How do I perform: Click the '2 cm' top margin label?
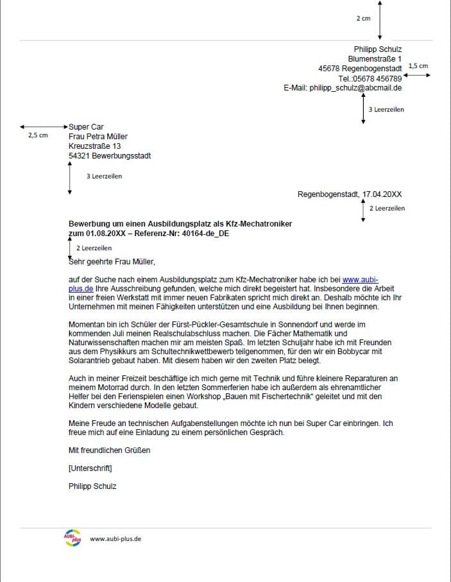(x=363, y=19)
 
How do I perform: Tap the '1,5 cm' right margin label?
(x=418, y=66)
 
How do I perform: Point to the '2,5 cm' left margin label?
(x=38, y=136)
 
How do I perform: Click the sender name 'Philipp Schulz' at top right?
(x=378, y=49)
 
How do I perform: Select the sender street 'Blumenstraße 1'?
(x=375, y=59)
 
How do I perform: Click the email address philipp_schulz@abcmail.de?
(x=355, y=88)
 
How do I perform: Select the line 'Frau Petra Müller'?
(x=98, y=137)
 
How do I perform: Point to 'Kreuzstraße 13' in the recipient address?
(x=94, y=146)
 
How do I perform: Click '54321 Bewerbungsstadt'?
(x=110, y=156)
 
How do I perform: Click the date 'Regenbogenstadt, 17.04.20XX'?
(x=350, y=194)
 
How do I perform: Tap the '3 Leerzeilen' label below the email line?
(x=386, y=110)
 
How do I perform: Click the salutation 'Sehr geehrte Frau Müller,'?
(x=112, y=261)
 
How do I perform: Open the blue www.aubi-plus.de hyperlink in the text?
(x=360, y=279)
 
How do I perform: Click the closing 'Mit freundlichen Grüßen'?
(x=109, y=450)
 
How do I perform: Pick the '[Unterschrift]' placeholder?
(x=90, y=468)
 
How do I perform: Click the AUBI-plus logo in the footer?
(x=72, y=539)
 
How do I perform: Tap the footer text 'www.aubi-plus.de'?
(x=115, y=539)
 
